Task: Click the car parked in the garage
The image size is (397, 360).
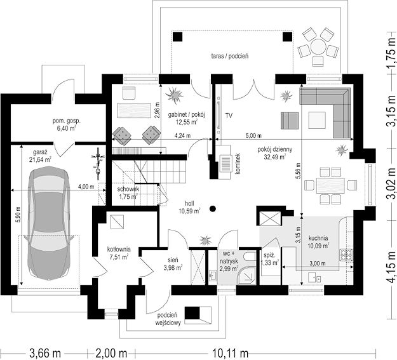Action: [49, 223]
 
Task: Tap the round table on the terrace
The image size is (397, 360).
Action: [318, 46]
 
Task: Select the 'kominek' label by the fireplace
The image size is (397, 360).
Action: [238, 164]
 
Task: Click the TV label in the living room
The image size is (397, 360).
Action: [229, 116]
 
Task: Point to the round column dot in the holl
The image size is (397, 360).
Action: [213, 209]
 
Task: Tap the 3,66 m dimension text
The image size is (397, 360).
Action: [45, 353]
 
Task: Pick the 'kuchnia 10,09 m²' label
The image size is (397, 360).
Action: [318, 242]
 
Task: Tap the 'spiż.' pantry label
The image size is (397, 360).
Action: [269, 255]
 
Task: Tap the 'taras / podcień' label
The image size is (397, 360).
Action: [230, 56]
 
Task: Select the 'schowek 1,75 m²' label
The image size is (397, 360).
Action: [128, 192]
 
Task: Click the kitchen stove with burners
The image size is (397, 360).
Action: [346, 255]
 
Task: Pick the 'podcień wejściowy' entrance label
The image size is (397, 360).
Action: [168, 319]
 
